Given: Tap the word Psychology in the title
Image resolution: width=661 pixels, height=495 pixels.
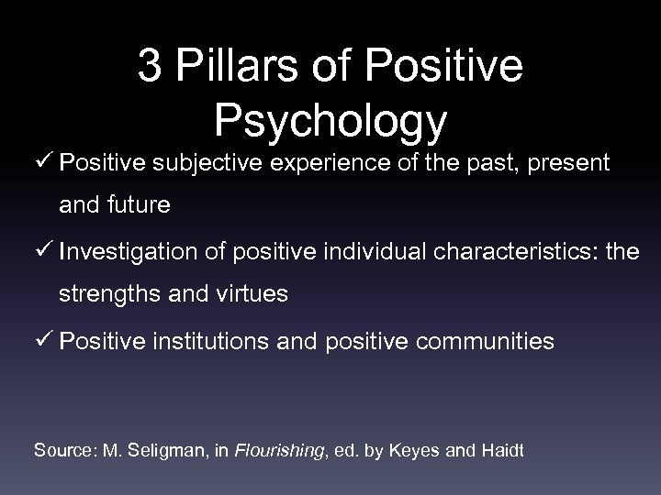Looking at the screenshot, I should coord(330,120).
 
